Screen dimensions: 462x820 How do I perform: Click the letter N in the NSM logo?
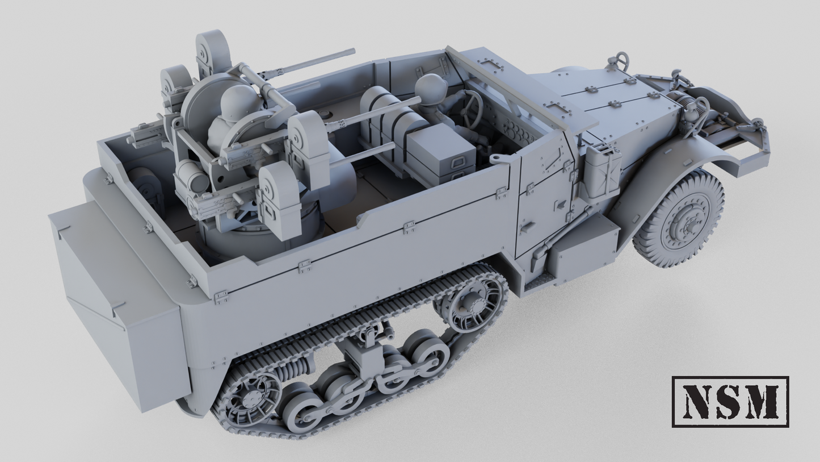(x=695, y=401)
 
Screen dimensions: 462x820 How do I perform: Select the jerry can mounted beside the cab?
(x=602, y=173)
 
